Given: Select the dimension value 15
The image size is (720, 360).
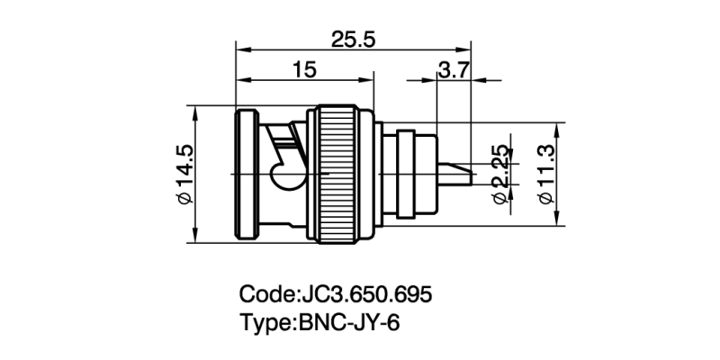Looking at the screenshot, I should click(304, 70).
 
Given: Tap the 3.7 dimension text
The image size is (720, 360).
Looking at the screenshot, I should click(453, 70).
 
